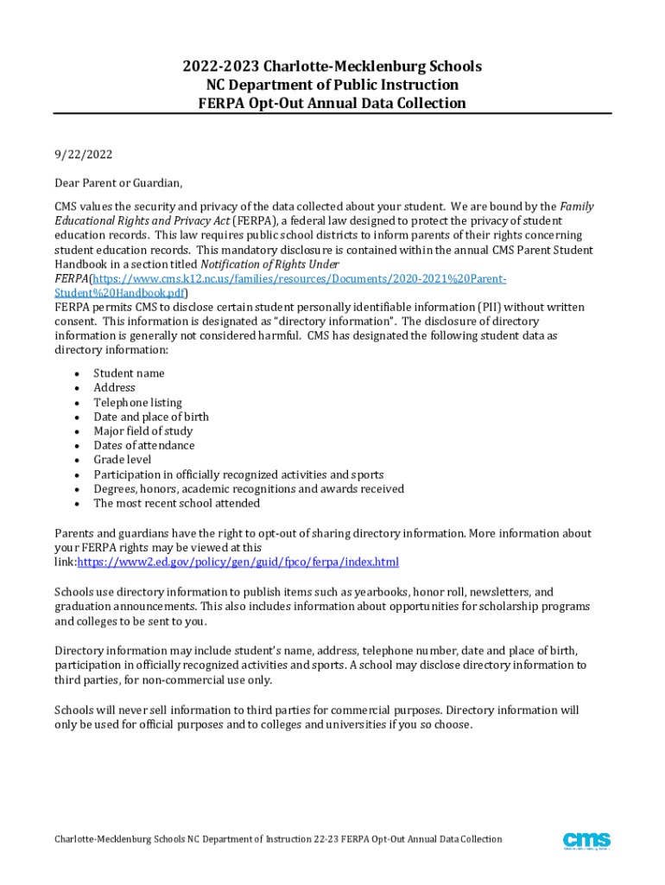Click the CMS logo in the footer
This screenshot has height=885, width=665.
(x=586, y=840)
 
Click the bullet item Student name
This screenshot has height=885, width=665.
(x=129, y=373)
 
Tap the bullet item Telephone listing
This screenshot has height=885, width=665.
(x=137, y=402)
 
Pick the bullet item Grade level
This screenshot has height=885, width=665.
(x=122, y=460)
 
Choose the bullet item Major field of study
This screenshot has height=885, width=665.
(x=143, y=431)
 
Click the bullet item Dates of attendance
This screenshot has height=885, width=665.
(x=144, y=445)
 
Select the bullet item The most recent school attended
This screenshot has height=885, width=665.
(x=176, y=503)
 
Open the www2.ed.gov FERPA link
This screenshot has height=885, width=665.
(x=238, y=563)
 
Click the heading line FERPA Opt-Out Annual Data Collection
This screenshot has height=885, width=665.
(x=332, y=104)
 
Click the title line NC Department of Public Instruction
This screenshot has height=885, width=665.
(x=332, y=85)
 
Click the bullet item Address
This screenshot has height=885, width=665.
(x=114, y=388)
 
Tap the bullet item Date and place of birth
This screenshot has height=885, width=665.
(x=151, y=417)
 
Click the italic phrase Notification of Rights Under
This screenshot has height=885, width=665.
(x=270, y=264)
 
